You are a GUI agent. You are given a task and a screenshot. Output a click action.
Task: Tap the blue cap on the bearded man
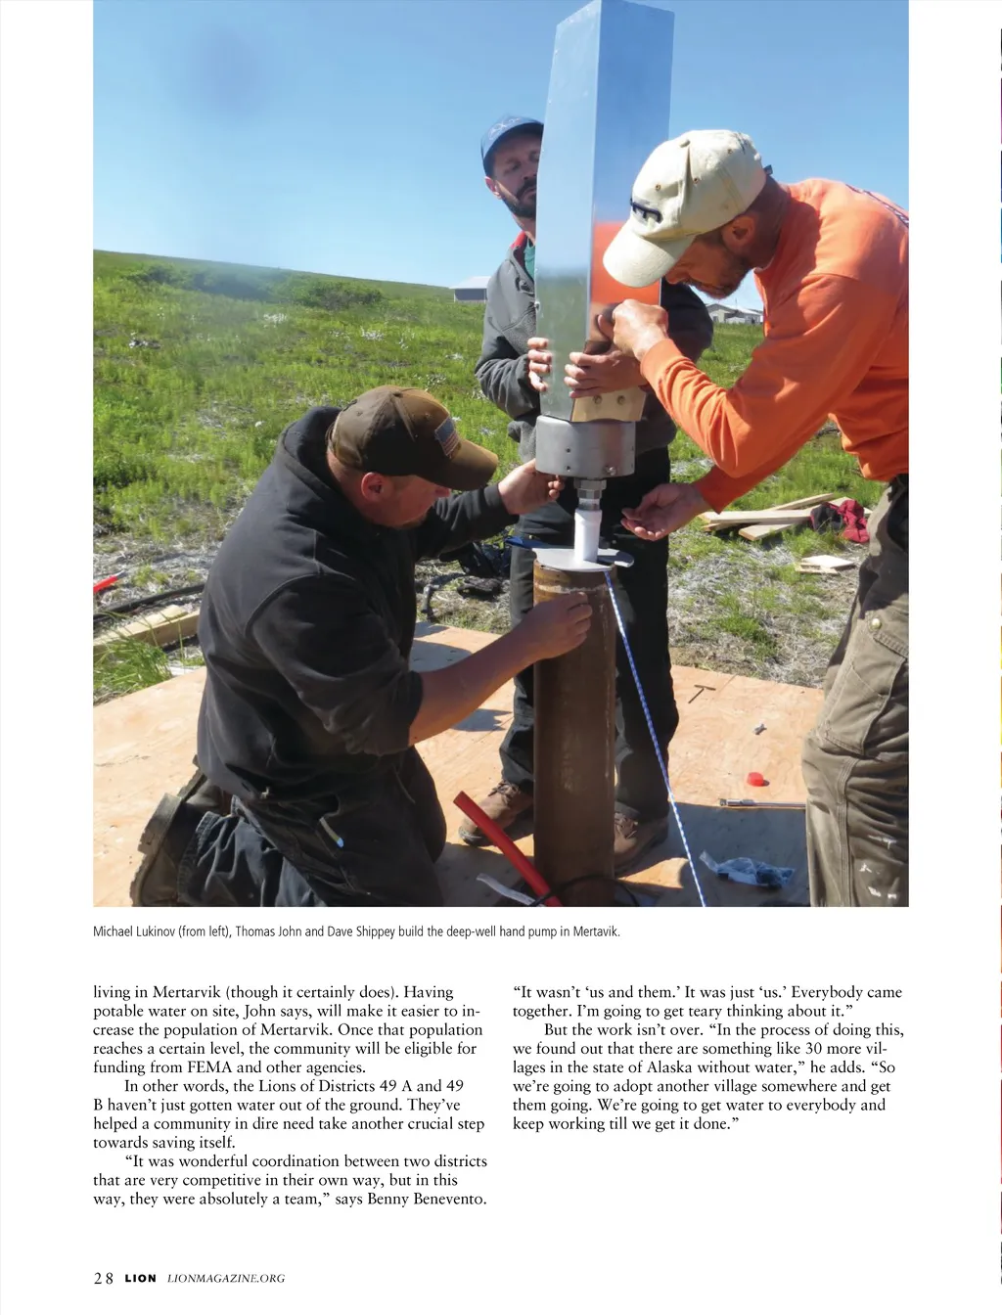(x=510, y=136)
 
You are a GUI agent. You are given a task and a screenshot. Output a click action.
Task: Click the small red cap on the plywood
(x=754, y=779)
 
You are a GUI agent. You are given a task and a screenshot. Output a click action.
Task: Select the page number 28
(x=104, y=1278)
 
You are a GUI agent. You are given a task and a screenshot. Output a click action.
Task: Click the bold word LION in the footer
(x=140, y=1278)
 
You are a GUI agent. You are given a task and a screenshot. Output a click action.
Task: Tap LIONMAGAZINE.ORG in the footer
(x=226, y=1278)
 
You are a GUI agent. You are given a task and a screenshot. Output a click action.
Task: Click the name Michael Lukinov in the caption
(x=134, y=931)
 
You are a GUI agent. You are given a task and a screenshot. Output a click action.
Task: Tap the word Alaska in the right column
(x=669, y=1067)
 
